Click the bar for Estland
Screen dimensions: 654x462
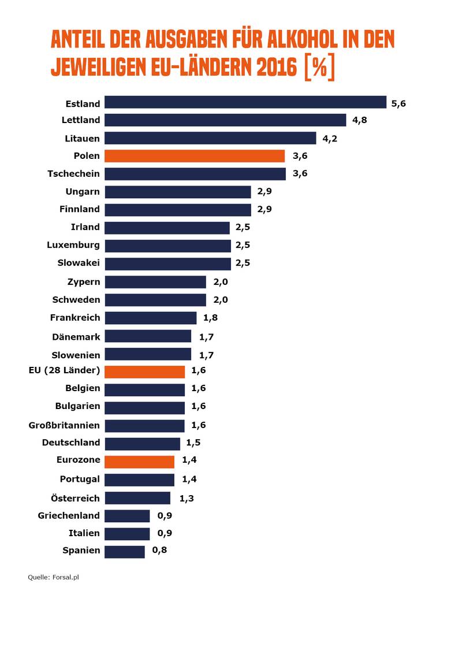245,102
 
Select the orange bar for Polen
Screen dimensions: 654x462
195,156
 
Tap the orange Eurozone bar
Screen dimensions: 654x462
139,462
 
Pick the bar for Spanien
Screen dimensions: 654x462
124,551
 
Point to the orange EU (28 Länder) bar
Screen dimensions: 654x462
144,371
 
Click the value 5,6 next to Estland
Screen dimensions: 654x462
399,103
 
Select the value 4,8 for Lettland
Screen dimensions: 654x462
359,120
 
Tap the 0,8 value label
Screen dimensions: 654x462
159,551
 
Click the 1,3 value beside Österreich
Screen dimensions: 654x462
187,498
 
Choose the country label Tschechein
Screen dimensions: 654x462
73,173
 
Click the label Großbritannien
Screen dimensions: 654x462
64,425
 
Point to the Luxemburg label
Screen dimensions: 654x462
73,245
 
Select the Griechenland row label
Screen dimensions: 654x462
69,515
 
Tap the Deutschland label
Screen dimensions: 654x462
71,443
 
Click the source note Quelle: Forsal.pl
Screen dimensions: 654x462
53,577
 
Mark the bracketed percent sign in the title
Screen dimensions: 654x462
318,68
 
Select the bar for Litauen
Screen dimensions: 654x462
210,138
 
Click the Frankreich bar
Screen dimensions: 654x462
150,318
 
